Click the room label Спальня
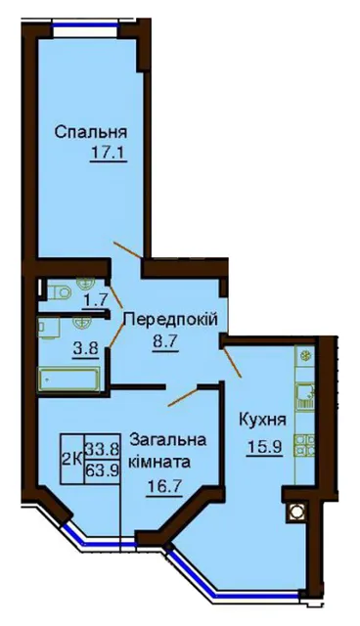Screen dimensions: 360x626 click(91, 132)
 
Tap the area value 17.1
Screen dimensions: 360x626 click(109, 153)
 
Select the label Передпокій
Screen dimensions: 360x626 click(171, 319)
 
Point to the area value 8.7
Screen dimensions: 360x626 click(164, 341)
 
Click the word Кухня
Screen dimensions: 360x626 click(262, 420)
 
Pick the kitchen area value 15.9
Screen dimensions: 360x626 click(264, 446)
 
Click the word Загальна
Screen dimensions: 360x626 click(168, 440)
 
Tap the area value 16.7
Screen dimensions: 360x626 click(164, 486)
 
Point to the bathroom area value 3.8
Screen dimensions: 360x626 click(85, 349)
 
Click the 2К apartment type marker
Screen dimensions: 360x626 click(71, 460)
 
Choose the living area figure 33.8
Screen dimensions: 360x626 click(102, 450)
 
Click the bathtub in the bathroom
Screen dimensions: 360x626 click(68, 380)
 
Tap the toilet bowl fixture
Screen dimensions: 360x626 click(60, 292)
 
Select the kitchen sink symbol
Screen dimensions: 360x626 click(305, 396)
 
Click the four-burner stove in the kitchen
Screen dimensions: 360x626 click(304, 446)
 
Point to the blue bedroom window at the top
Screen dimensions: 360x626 click(86, 26)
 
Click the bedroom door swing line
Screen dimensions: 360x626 click(128, 249)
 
